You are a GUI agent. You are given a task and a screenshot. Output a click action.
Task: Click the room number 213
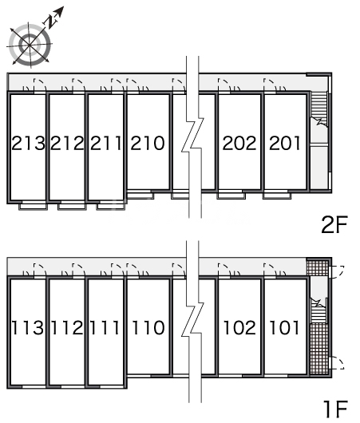[28, 143]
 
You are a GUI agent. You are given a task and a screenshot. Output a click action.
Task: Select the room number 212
[67, 143]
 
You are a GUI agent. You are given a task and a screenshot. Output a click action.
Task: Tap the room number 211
[105, 143]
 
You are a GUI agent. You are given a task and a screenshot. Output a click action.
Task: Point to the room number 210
[148, 143]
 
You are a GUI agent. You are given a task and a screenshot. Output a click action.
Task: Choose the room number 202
[239, 143]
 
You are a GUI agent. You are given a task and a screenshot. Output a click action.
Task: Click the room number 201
[285, 143]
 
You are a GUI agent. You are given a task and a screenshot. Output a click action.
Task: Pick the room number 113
[28, 328]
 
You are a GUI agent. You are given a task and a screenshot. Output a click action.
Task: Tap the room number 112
[67, 328]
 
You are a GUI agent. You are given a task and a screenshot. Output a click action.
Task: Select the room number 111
[105, 328]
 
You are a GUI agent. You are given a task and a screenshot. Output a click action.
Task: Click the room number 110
[148, 328]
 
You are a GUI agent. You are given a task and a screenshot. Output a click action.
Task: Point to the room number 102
[239, 328]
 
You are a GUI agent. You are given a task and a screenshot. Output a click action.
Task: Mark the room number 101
[284, 328]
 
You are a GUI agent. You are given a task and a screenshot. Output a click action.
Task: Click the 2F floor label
[334, 224]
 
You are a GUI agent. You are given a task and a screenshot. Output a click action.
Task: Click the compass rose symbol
[30, 44]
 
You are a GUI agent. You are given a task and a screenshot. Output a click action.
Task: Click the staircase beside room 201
[318, 109]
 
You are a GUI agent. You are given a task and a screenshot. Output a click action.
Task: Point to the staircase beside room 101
[318, 310]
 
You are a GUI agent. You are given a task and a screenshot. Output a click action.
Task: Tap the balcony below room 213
[34, 206]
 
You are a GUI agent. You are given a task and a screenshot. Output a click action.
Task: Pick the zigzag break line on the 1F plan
[193, 321]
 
